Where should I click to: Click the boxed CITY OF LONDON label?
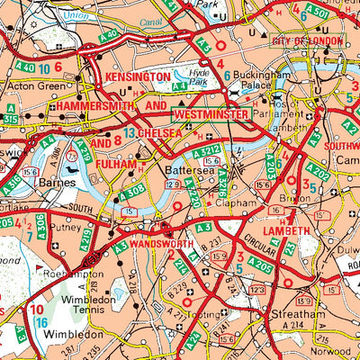click(x=306, y=40)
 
